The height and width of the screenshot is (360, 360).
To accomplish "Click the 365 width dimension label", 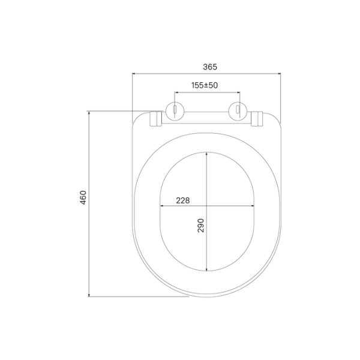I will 207,67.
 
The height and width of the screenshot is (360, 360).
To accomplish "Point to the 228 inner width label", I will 183,201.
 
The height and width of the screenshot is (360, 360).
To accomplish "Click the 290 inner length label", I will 201,226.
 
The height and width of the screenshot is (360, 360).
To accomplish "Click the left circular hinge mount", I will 174,111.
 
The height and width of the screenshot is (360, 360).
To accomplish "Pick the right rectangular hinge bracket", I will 257,119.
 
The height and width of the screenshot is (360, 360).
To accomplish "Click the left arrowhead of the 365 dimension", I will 134,73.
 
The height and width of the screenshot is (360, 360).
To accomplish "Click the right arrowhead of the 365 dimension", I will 280,73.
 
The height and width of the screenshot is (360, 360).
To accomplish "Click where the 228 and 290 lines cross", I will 207,208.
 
